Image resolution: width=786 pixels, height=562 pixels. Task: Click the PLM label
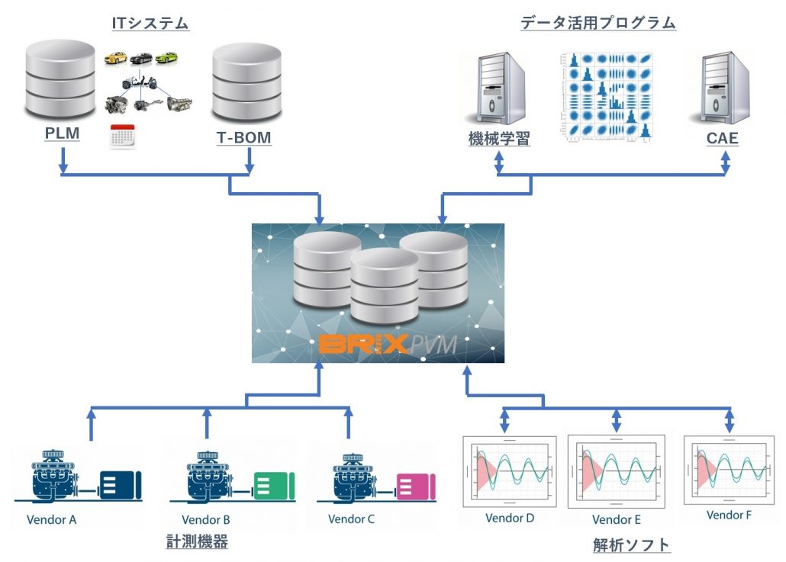pyautogui.click(x=63, y=135)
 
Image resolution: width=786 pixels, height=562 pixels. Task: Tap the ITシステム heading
pyautogui.click(x=150, y=24)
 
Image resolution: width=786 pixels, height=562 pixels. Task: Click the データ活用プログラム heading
pyautogui.click(x=598, y=23)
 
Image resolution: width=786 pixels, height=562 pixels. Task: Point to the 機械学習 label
pyautogui.click(x=498, y=140)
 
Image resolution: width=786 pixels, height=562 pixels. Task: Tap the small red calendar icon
pyautogui.click(x=122, y=135)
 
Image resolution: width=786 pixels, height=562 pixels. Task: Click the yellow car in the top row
pyautogui.click(x=116, y=58)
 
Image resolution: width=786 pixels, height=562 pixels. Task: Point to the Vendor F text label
pyautogui.click(x=729, y=515)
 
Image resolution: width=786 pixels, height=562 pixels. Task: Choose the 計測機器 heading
pyautogui.click(x=197, y=542)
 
